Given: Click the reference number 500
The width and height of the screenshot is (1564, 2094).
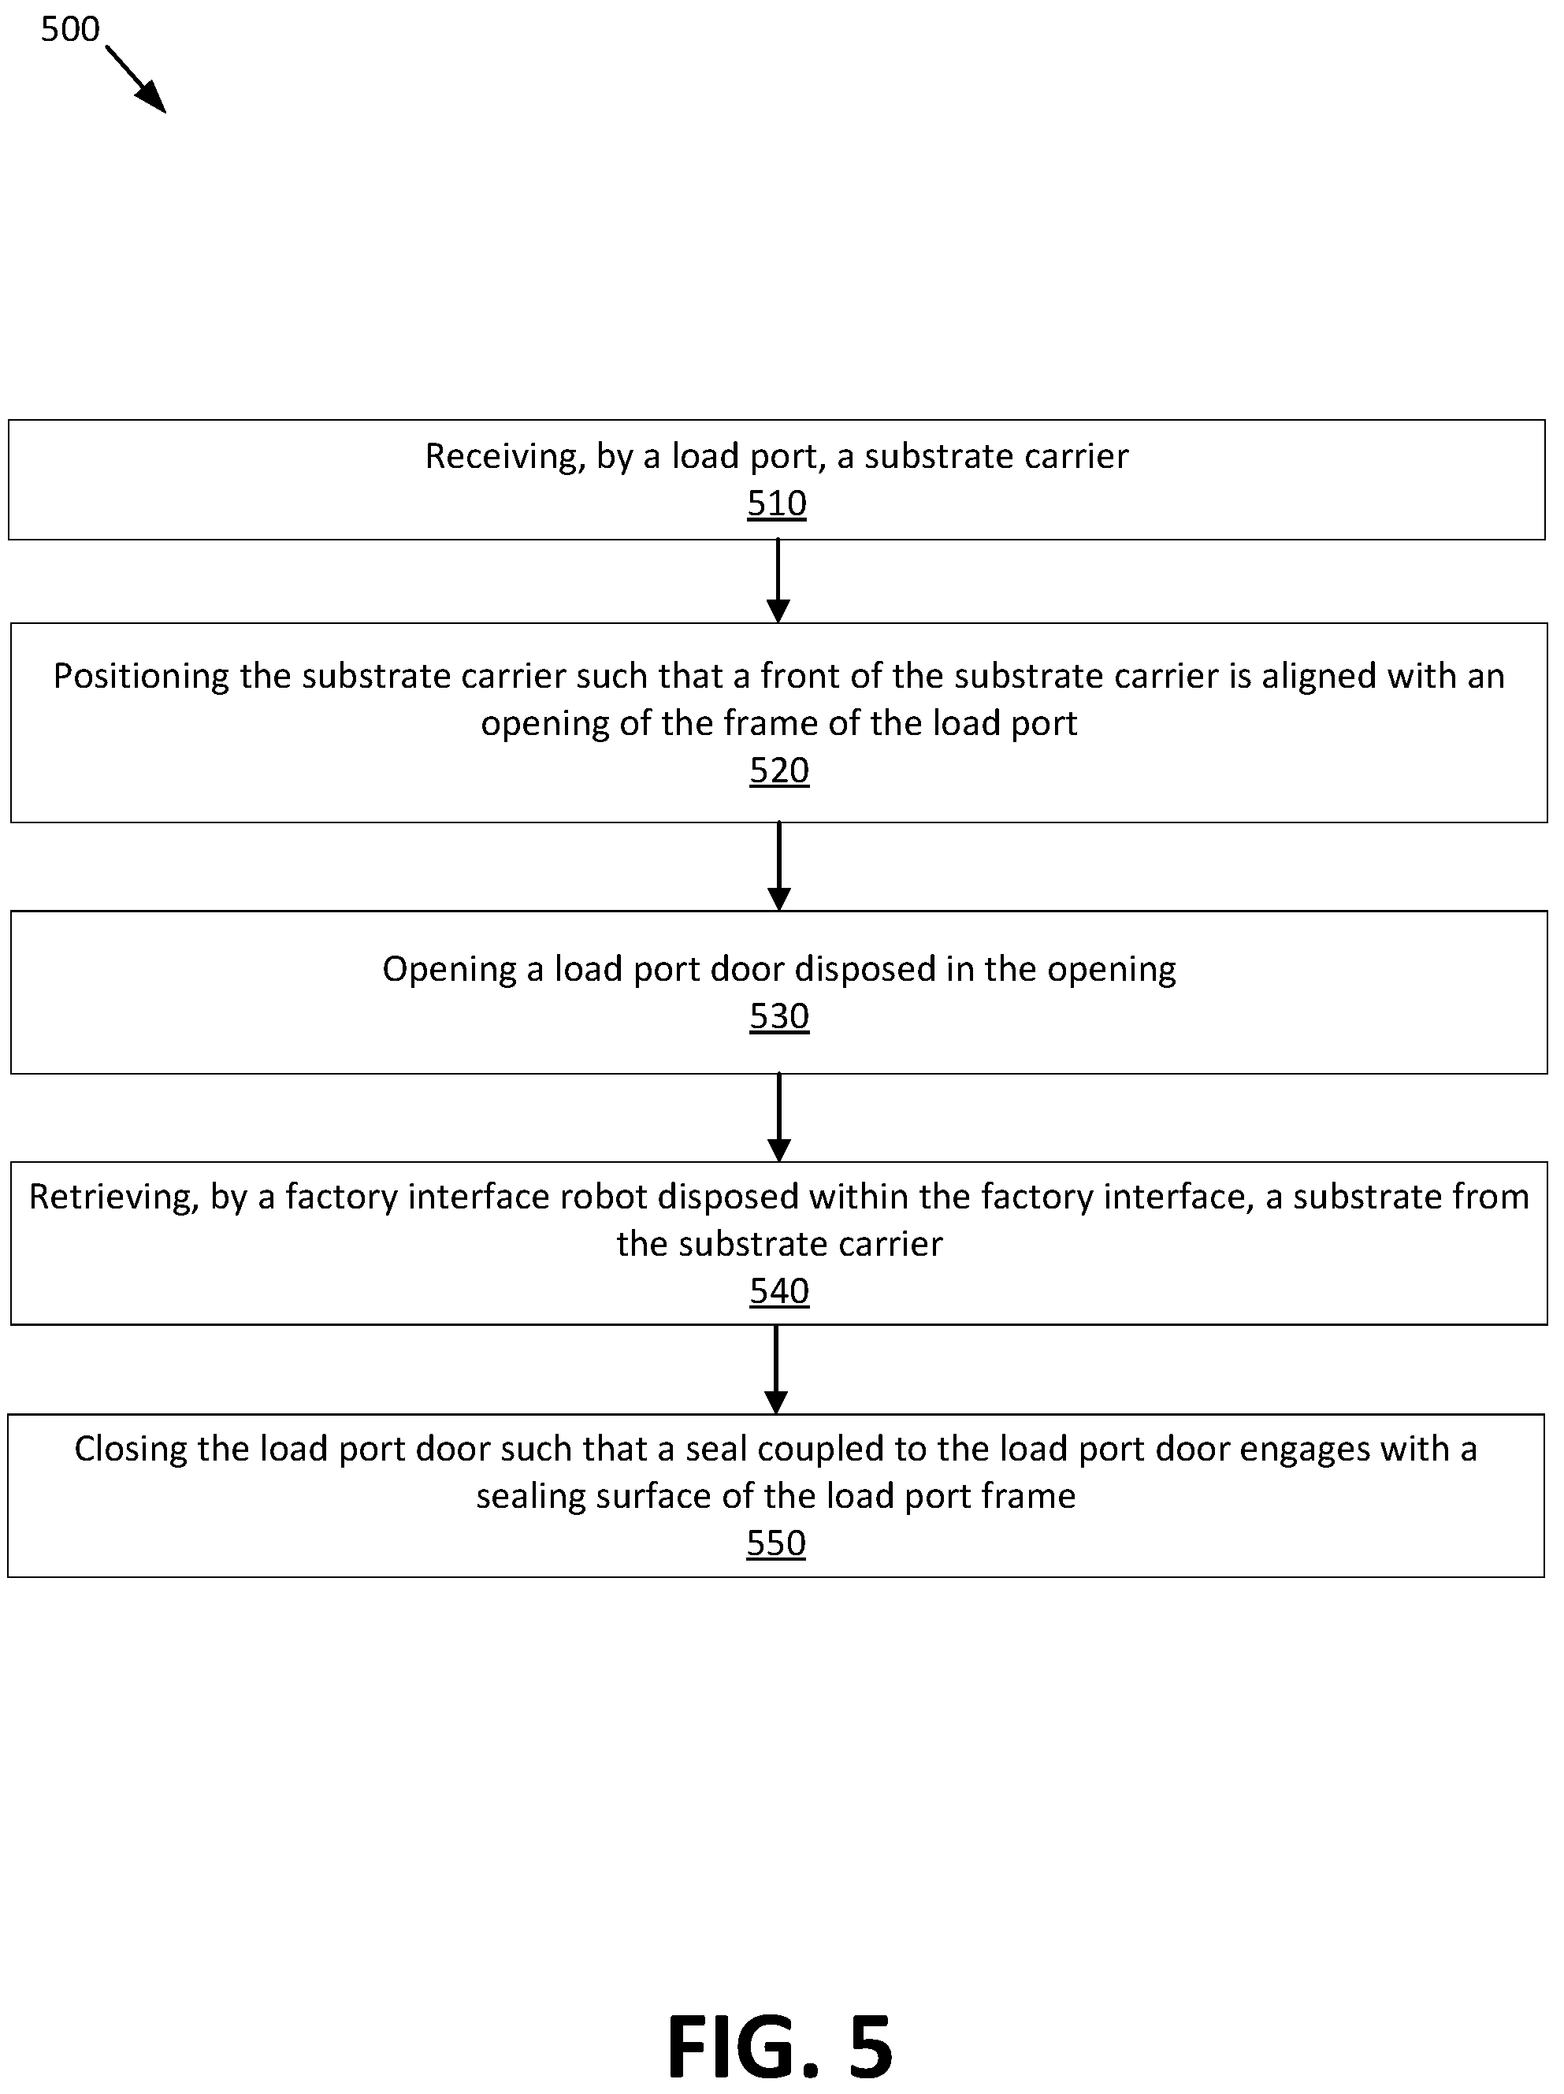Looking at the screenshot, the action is tap(70, 29).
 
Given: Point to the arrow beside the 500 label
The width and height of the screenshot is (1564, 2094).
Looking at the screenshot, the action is tap(136, 80).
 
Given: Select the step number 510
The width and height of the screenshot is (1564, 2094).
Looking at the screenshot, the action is tap(776, 503).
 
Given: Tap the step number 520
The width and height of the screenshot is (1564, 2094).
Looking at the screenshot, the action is tap(779, 770).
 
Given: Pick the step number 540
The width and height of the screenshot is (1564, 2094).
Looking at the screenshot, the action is tap(779, 1290).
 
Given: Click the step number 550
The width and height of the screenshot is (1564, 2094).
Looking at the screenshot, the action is tap(775, 1543).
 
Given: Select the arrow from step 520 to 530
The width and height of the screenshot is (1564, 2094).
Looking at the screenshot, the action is tap(778, 866).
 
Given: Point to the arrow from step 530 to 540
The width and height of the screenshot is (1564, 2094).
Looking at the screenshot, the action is tap(778, 1117).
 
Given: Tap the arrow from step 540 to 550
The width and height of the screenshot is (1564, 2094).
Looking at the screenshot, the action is tap(775, 1369).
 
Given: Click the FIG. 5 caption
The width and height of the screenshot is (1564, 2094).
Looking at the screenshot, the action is tap(780, 2047).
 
